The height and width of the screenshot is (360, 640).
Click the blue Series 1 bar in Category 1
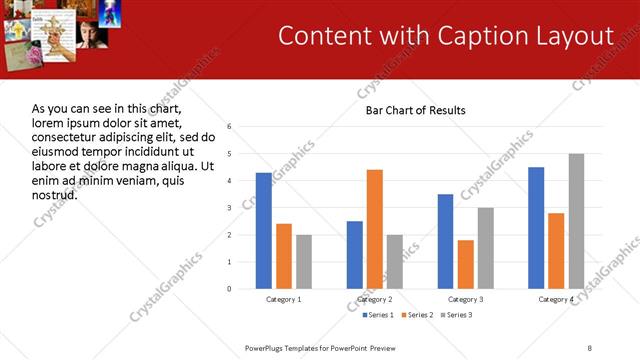[x=264, y=231]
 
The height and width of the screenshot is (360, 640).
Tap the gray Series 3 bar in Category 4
[x=577, y=221]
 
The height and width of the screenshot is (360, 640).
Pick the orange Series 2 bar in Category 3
[x=466, y=264]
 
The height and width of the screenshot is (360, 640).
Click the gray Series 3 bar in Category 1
[x=304, y=262]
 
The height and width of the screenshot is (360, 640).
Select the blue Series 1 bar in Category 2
[x=355, y=255]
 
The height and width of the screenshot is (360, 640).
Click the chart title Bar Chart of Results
[x=415, y=110]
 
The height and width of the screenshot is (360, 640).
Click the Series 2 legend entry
[x=413, y=315]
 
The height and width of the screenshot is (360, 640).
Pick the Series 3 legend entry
[x=455, y=315]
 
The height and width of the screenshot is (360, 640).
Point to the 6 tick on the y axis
[x=230, y=127]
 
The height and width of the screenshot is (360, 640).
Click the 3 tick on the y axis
[x=230, y=208]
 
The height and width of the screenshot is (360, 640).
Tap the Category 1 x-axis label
[x=284, y=300]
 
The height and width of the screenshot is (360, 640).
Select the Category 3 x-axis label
[x=466, y=300]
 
